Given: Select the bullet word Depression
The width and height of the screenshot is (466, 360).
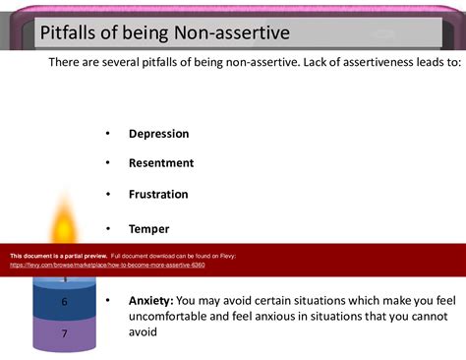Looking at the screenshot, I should (158, 134).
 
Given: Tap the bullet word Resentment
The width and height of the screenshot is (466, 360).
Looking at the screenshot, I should (161, 163).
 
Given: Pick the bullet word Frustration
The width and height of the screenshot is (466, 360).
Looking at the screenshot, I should (158, 195).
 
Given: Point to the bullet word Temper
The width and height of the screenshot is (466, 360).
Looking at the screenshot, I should (148, 229).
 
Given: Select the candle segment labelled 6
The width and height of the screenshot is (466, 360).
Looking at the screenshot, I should (65, 302).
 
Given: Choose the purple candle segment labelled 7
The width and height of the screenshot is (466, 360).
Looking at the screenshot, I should (65, 334).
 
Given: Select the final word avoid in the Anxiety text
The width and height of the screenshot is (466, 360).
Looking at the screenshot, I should (144, 332).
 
